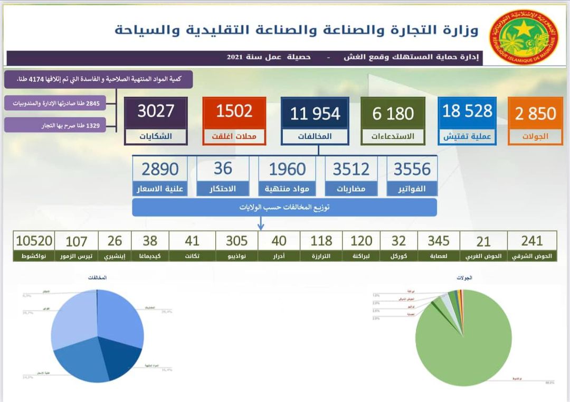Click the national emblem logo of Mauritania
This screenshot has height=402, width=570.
pyautogui.click(x=523, y=36)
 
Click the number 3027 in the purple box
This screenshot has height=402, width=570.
pyautogui.click(x=156, y=111)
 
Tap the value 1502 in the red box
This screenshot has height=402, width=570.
pyautogui.click(x=234, y=111)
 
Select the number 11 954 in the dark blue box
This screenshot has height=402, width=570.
pyautogui.click(x=315, y=113)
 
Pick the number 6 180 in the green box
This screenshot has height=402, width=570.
pyautogui.click(x=393, y=113)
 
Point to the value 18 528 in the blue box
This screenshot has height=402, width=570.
pyautogui.click(x=467, y=111)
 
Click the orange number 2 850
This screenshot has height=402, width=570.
pyautogui.click(x=535, y=113)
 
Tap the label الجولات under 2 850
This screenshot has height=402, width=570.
pyautogui.click(x=535, y=136)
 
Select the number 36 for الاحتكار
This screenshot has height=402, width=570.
pyautogui.click(x=223, y=169)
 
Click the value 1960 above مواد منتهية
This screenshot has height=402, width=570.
pyautogui.click(x=287, y=169)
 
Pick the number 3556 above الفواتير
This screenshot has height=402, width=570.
pyautogui.click(x=412, y=169)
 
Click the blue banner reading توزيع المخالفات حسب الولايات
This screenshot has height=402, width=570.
pyautogui.click(x=284, y=207)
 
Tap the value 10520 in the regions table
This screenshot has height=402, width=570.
pyautogui.click(x=34, y=241)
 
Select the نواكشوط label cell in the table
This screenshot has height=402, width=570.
pyautogui.click(x=34, y=256)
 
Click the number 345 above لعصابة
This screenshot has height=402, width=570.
pyautogui.click(x=439, y=241)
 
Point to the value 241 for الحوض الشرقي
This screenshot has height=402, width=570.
pyautogui.click(x=531, y=241)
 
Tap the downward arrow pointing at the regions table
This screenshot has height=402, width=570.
pyautogui.click(x=261, y=225)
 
